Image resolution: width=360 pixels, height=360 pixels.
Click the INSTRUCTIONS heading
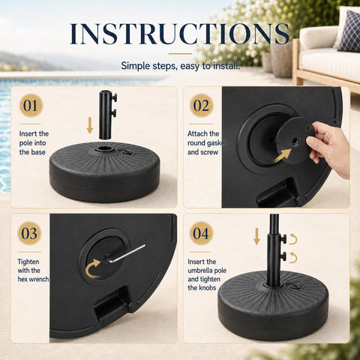point(179,34)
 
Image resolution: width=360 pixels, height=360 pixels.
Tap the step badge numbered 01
point(31,106)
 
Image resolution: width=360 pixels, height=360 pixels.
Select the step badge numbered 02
point(202,106)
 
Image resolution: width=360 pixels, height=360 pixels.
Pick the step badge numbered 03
point(29,233)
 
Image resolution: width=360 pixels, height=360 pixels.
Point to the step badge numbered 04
point(201,233)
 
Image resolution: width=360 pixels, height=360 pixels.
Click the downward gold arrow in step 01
point(90,126)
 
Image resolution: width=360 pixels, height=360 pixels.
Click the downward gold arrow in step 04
point(256,237)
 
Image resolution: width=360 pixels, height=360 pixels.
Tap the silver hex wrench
point(125,254)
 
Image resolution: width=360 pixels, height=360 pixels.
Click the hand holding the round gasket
point(328,148)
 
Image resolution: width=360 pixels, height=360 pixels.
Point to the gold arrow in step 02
point(283,156)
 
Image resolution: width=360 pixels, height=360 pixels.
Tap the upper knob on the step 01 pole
point(115,97)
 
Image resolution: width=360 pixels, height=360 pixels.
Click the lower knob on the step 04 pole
point(283,256)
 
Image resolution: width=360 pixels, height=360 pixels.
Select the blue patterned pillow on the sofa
point(350,31)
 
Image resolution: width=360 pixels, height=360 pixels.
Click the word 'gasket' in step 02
point(217,143)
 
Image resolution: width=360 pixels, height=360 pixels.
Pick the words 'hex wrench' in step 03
point(33,279)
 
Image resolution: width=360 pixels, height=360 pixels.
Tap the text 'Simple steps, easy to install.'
point(181,66)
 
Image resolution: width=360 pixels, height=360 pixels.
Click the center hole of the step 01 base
point(104,149)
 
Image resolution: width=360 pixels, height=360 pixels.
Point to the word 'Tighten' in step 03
point(28,262)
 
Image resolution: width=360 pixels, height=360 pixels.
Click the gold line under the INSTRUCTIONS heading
point(180,54)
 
